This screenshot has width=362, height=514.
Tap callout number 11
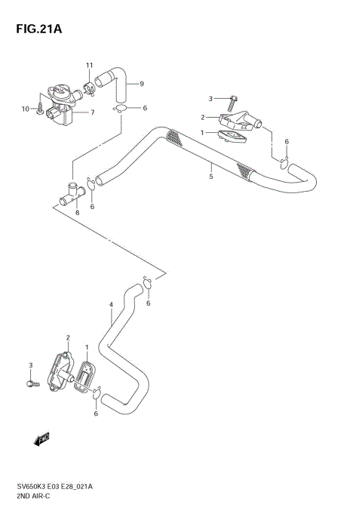pos(88,65)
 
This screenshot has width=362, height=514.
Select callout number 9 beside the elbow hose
pos(140,84)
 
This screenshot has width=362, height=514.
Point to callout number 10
pos(25,109)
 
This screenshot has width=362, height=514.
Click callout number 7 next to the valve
pos(92,113)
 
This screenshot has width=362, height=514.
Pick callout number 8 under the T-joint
pos(77,213)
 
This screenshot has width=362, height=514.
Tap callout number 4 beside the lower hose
pos(111,305)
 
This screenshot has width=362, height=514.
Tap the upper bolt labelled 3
pos(233,98)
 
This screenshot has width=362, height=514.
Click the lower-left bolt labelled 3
pos(32,383)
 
